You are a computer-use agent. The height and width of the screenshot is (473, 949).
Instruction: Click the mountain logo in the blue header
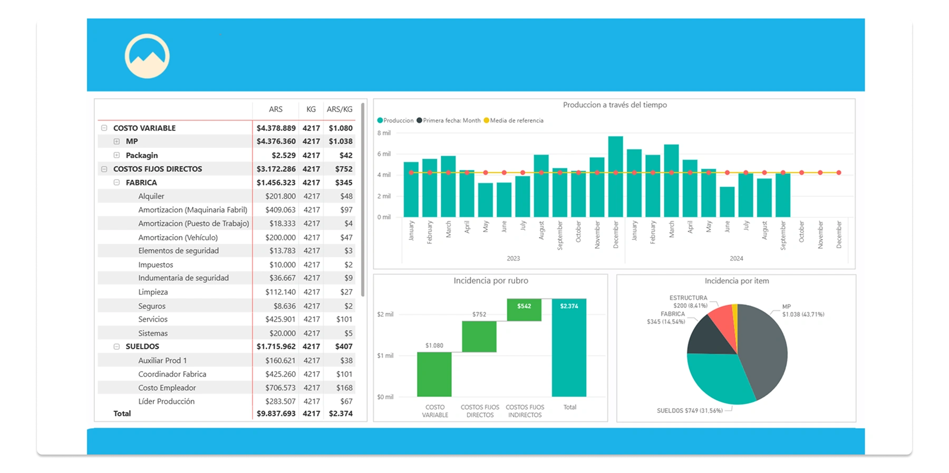[x=147, y=56]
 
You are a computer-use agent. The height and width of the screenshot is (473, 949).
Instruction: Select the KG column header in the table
[x=311, y=109]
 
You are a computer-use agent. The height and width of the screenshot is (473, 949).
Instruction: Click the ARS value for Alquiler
[x=280, y=196]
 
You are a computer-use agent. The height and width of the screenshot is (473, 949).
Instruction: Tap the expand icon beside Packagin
[x=117, y=155]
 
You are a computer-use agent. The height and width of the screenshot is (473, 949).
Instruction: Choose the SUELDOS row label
[x=142, y=346]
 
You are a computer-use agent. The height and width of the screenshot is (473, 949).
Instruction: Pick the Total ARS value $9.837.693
[x=276, y=413]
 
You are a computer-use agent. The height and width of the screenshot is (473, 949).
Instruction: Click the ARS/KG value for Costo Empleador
[x=344, y=388]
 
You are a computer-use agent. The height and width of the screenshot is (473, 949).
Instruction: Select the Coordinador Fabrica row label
[x=172, y=374]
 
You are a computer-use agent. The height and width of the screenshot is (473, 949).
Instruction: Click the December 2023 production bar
[x=615, y=177]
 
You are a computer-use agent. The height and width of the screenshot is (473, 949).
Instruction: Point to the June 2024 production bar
[x=727, y=202]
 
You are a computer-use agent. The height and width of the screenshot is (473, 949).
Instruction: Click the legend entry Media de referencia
[x=516, y=121]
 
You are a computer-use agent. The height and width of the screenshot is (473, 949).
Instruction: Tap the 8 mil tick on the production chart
[x=384, y=133]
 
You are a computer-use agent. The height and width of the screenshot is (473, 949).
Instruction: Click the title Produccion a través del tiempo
[x=615, y=105]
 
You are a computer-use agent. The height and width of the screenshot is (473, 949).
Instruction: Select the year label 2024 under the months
[x=736, y=258]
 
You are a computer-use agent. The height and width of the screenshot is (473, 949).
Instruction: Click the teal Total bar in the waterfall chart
[x=569, y=348]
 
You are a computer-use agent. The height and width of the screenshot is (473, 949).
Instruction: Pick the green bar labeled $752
[x=479, y=336]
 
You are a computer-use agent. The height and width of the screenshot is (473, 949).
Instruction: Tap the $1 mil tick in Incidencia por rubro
[x=385, y=355]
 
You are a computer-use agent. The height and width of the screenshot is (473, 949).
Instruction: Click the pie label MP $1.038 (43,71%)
[x=802, y=311]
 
